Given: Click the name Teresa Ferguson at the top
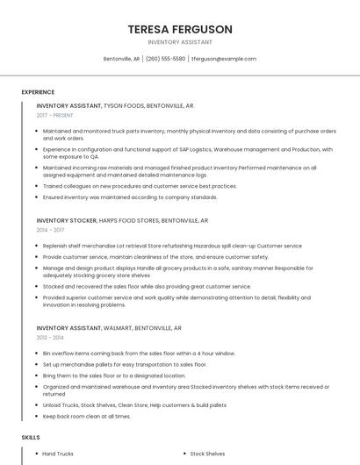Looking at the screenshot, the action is point(180,29).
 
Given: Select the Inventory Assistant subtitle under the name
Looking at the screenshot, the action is point(180,41).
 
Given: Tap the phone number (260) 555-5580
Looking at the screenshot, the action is point(165,59).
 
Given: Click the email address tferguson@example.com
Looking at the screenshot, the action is point(224,59).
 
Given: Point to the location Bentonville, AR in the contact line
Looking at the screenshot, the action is point(122,59).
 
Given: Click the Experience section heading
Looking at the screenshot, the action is point(38,92).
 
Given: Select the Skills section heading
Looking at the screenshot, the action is point(31,436).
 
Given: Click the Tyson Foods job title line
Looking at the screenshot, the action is point(115,105).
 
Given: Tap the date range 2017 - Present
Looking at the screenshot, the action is point(55,115).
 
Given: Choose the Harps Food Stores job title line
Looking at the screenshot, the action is point(122,220).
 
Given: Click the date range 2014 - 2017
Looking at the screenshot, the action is point(50,230).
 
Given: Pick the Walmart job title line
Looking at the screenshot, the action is point(109,327).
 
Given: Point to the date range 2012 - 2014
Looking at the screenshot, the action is point(50,337).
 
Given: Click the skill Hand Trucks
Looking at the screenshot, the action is point(58,454).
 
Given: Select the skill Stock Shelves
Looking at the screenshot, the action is point(207,454).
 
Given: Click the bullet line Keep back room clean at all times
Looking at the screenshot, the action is point(86,416).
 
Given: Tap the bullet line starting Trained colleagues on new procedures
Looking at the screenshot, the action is point(140,186).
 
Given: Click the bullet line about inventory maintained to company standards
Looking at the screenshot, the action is point(130,197).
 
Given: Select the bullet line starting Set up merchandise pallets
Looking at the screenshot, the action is point(124,364).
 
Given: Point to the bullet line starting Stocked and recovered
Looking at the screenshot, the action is point(147,286).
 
